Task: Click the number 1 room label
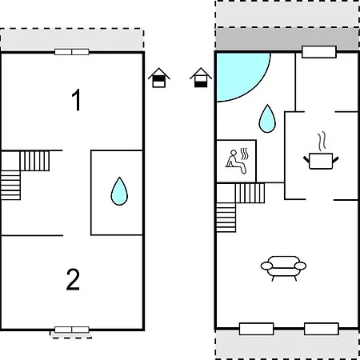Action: point(77,100)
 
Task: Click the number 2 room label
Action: point(73,279)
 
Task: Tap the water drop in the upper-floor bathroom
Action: point(119,191)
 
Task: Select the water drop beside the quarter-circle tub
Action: point(267,118)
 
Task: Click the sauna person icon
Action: point(237,161)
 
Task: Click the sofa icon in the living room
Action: point(283,268)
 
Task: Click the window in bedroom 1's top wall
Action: point(72,52)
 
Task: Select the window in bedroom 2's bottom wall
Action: point(72,330)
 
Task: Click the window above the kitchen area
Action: point(319,52)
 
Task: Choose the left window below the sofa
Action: point(256,329)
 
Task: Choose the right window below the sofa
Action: point(322,329)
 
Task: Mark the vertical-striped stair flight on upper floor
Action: point(34,161)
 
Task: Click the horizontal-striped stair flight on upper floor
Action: point(10,186)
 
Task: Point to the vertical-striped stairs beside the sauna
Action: point(250,193)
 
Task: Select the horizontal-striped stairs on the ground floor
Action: point(226,218)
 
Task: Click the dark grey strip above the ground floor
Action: point(287,38)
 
